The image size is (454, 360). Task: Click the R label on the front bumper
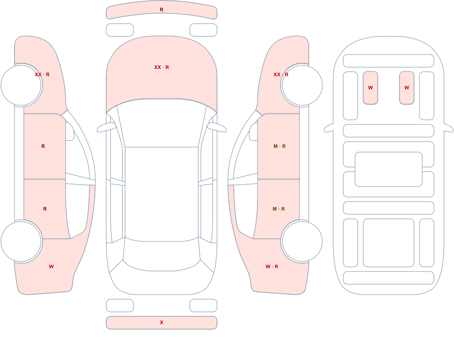(162, 10)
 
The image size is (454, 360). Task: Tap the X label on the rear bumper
(162, 322)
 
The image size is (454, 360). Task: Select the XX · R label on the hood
(162, 67)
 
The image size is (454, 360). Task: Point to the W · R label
(272, 266)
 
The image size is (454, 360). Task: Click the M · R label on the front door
(280, 146)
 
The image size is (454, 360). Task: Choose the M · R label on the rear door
(279, 209)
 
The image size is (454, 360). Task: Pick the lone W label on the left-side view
(51, 266)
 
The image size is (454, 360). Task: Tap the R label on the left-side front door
(43, 146)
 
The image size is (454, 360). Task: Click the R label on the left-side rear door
(45, 209)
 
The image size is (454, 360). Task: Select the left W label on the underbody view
(370, 88)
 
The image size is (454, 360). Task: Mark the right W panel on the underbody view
(407, 88)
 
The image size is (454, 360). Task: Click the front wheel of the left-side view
(21, 85)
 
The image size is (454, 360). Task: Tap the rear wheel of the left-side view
(21, 241)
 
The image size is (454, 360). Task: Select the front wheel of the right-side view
(302, 85)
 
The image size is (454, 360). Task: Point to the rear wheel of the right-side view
(302, 241)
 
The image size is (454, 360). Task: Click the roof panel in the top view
(162, 194)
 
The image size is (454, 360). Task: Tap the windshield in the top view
(162, 123)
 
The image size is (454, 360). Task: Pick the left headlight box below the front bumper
(120, 30)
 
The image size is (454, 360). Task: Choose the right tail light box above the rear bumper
(203, 306)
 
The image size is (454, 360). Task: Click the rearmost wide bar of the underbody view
(389, 278)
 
